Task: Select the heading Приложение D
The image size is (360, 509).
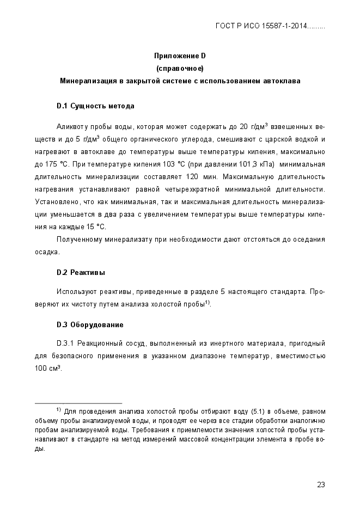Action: [x=180, y=56]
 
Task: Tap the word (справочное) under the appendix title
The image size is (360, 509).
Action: [x=180, y=69]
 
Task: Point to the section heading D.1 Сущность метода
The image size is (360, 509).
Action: [x=95, y=106]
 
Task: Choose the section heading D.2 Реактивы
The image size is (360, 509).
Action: [x=81, y=272]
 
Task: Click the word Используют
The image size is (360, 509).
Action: [x=75, y=292]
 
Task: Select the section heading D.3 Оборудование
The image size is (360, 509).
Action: [x=90, y=325]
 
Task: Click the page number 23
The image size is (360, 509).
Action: [x=321, y=485]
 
